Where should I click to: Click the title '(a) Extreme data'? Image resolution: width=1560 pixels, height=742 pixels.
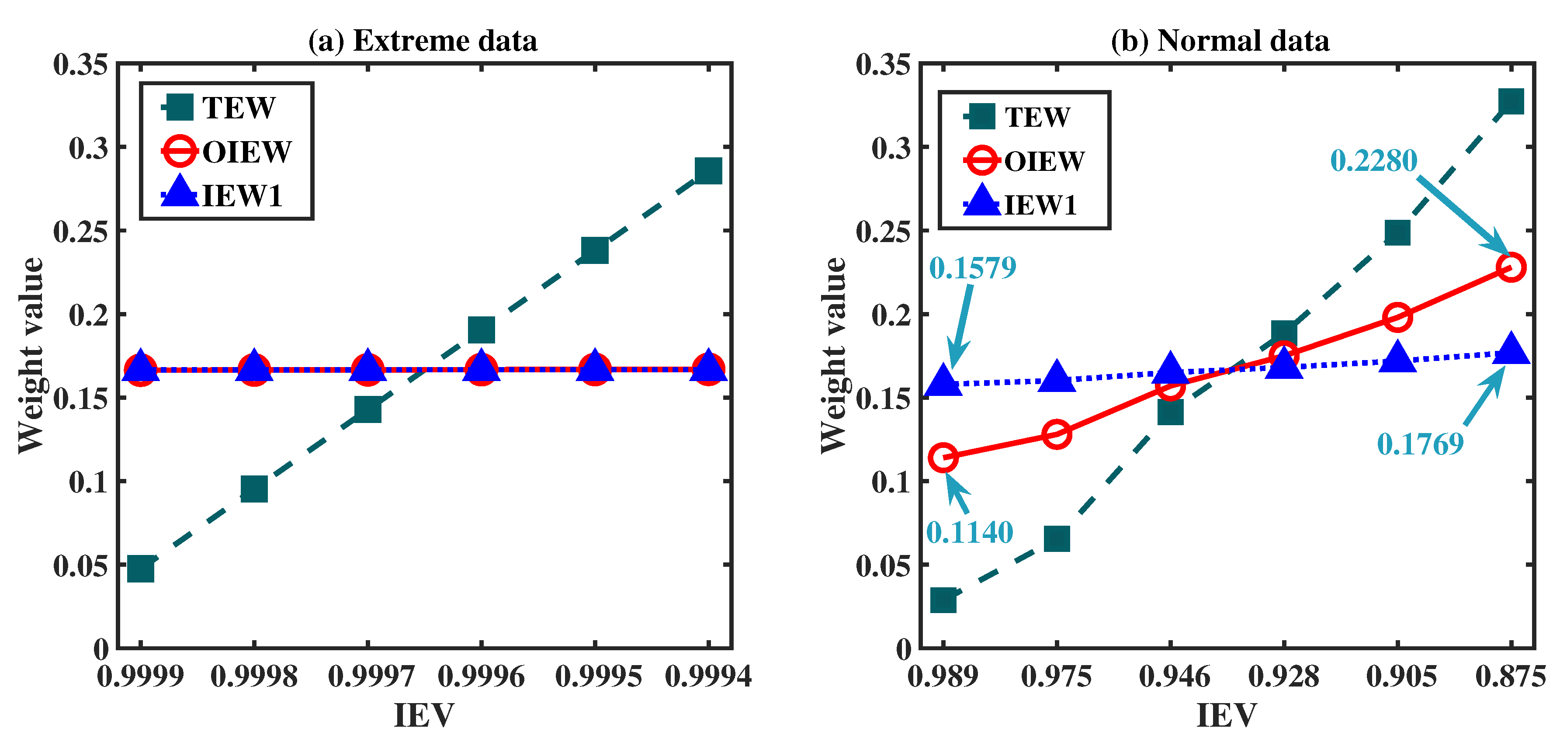click(423, 41)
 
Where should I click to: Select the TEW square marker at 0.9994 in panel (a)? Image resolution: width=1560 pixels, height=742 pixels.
click(708, 171)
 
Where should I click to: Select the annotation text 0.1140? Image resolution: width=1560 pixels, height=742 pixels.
click(970, 532)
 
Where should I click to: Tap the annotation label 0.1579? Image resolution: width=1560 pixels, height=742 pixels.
click(973, 268)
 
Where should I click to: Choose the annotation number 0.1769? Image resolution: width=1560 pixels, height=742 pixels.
click(1420, 444)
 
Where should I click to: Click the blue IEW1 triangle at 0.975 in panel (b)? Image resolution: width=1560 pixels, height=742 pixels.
click(1057, 377)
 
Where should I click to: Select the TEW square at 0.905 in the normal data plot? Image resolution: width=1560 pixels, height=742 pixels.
click(1397, 232)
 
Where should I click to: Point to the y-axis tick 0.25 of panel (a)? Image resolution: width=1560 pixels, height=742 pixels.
click(80, 231)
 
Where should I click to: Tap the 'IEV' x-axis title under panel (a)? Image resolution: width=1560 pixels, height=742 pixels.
click(424, 715)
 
